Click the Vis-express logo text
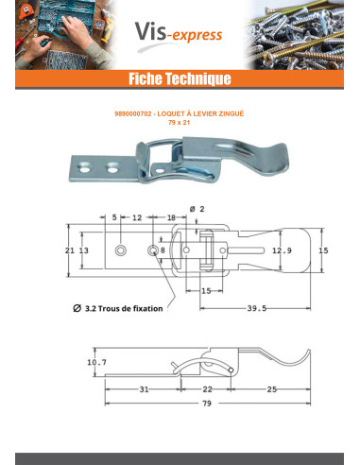179,33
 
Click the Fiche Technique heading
180,78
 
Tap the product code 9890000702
133,113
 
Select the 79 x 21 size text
180,123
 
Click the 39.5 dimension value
257,308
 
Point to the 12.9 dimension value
282,250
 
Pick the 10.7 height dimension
97,362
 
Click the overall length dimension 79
207,404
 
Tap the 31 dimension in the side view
144,389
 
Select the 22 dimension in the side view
207,389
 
